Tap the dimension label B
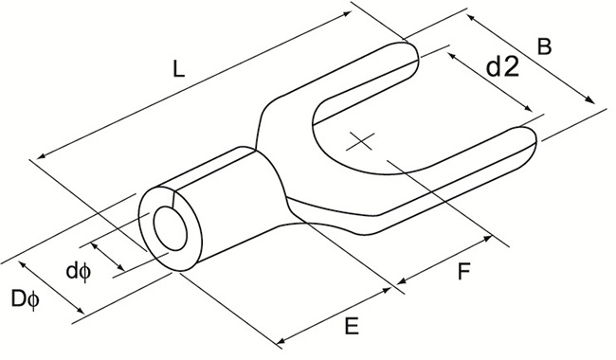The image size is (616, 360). (544, 45)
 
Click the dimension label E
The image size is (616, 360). (351, 327)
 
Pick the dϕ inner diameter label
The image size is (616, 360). (78, 271)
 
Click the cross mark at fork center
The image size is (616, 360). (361, 142)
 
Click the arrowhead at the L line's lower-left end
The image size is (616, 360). (40, 158)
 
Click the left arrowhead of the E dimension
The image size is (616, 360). (282, 341)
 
